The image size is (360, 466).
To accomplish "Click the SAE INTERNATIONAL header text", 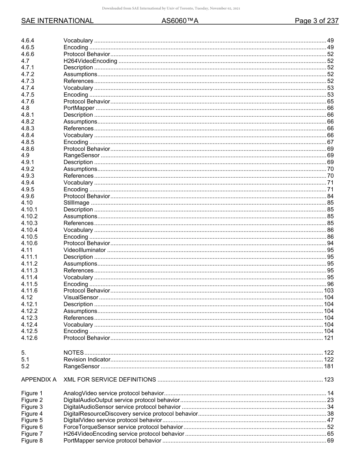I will tap(57, 21).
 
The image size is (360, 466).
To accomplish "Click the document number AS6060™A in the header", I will tap(180, 21).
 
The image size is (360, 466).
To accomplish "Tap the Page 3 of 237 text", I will tap(316, 21).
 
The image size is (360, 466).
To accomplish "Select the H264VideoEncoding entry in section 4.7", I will tap(90, 61).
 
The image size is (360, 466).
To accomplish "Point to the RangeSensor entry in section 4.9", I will tap(81, 155).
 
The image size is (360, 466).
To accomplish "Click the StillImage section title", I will tap(76, 203).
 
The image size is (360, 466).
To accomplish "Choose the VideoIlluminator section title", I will tap(85, 250).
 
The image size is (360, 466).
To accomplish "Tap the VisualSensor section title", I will tap(81, 297).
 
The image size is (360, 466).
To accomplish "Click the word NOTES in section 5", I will tap(74, 352).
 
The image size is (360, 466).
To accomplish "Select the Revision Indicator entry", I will tap(87, 359).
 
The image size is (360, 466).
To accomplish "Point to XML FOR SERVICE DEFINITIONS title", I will tap(110, 379).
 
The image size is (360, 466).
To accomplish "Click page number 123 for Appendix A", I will tap(329, 379).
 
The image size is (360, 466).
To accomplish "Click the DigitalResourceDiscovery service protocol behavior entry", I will tap(130, 414).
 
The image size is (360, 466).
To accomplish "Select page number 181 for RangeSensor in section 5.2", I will tap(329, 366).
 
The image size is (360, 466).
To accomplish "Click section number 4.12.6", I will tap(29, 338).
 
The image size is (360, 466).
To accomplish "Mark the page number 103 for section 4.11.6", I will tap(329, 291).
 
